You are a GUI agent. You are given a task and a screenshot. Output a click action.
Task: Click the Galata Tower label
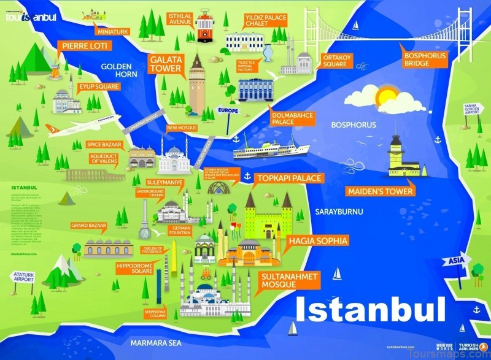[165, 64]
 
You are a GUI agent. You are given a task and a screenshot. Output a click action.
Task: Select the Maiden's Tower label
[380, 191]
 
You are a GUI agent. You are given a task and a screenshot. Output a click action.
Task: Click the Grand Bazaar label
[89, 226]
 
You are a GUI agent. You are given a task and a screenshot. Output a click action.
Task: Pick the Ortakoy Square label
[335, 61]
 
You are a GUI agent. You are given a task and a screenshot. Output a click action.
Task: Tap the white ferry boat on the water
[270, 149]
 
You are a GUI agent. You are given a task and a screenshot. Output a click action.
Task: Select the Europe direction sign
[227, 111]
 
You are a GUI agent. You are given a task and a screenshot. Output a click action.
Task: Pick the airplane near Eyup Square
[74, 128]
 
